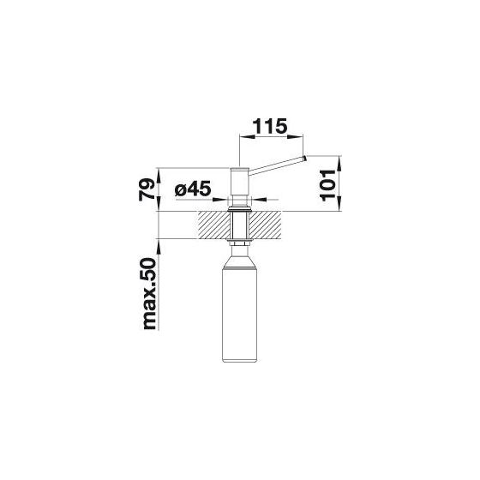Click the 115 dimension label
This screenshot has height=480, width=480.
point(270,126)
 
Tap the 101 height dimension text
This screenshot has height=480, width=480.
point(327,185)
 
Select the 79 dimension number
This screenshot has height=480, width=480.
point(147,189)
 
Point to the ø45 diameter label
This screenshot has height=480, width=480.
point(193,189)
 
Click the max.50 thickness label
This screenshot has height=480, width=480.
point(150,294)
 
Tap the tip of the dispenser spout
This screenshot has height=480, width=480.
point(304,159)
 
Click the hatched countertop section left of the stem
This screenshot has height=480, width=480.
point(213,225)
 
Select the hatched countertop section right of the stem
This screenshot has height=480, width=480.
point(266,225)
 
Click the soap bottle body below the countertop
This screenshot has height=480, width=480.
point(240,315)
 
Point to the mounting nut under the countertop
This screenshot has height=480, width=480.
point(240,243)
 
